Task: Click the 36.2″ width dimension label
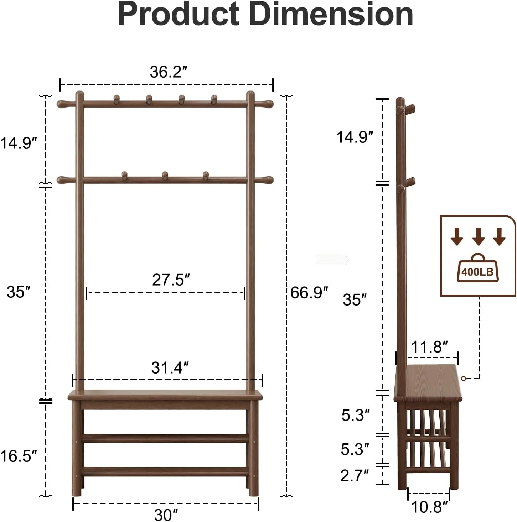click(x=169, y=72)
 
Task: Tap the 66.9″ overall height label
click(x=309, y=293)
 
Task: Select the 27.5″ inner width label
click(x=171, y=280)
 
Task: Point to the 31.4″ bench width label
click(x=170, y=367)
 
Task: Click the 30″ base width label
click(x=166, y=515)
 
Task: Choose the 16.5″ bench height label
click(x=19, y=456)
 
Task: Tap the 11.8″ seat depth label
click(x=429, y=347)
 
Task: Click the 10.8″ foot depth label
click(x=429, y=507)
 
